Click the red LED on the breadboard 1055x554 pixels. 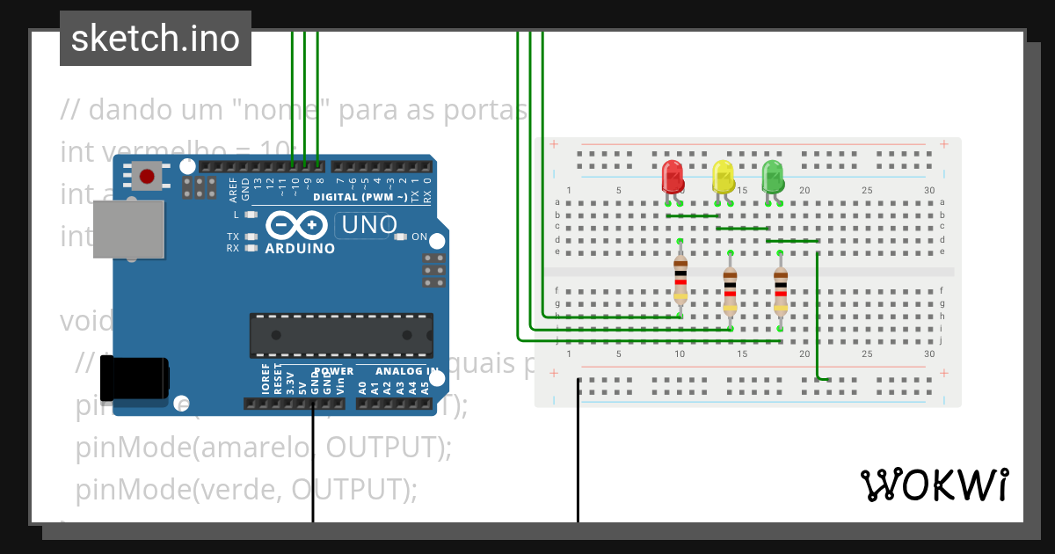673,177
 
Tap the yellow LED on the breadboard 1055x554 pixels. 723,177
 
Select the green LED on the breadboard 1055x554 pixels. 773,177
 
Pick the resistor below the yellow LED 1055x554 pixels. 730,283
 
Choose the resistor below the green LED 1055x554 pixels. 781,283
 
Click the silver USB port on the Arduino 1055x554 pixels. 128,229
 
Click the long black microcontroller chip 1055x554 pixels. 341,335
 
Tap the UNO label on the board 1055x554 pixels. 369,225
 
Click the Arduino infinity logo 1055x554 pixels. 299,226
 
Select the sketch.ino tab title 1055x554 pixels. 156,39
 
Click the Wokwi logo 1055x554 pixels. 934,485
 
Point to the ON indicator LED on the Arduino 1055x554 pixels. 401,237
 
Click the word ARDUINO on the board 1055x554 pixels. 300,249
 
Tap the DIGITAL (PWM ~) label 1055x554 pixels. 360,197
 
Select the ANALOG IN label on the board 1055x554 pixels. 406,371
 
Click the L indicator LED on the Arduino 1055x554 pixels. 251,215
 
